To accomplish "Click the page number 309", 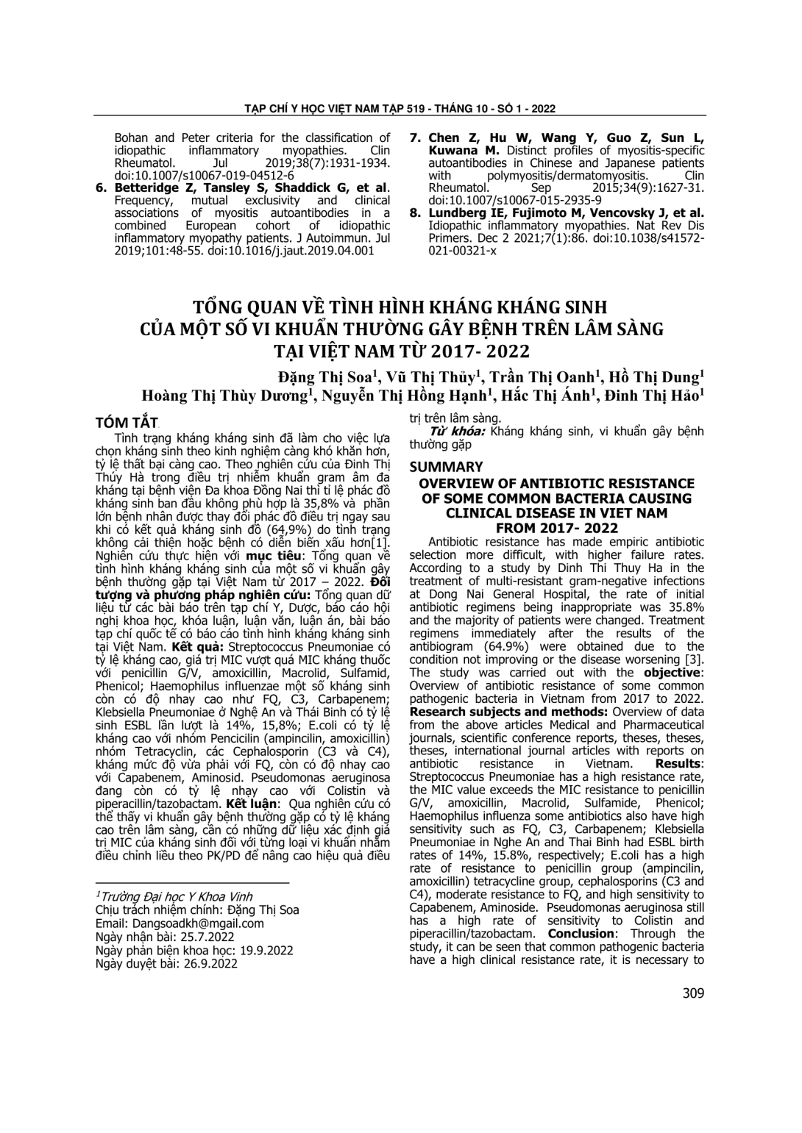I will tap(693, 993).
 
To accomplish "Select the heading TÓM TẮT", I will tap(127, 422).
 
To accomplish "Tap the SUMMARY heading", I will tap(446, 467).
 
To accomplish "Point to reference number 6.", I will tap(103, 187).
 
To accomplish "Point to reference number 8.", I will tap(416, 213).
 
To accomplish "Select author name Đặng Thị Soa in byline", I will tap(327, 376).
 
